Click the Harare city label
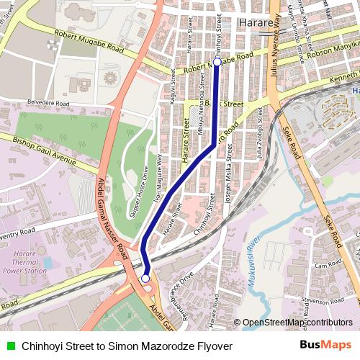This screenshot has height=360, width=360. tap(256, 23)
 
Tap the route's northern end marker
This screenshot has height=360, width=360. tap(217, 63)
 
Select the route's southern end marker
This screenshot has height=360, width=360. tap(145, 278)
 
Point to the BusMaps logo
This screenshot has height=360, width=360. tap(326, 345)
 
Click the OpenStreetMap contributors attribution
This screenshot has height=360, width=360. tap(297, 323)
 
